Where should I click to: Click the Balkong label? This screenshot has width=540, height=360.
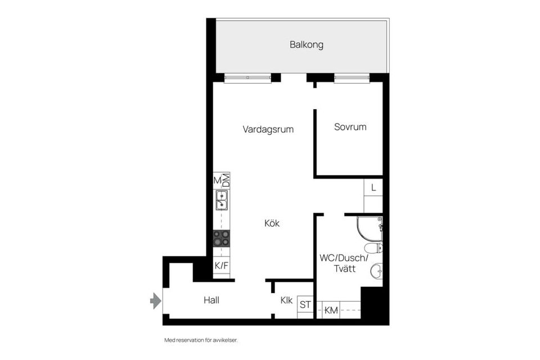(307, 45)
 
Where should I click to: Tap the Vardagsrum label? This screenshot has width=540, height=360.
(268, 129)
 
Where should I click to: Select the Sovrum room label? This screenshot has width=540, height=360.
(350, 127)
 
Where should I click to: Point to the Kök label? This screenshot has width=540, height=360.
(272, 223)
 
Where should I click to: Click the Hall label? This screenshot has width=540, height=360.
(211, 300)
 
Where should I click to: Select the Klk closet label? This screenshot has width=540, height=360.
(286, 300)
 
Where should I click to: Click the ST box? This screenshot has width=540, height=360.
(305, 305)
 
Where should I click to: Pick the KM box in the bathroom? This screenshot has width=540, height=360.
(331, 310)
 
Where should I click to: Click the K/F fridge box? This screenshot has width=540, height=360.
(221, 265)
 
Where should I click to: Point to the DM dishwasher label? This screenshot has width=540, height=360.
(226, 181)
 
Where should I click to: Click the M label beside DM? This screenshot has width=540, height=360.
(217, 181)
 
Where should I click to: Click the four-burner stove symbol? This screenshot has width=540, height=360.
(221, 238)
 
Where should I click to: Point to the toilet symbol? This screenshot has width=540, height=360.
(374, 248)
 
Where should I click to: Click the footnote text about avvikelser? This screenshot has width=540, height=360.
(197, 340)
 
